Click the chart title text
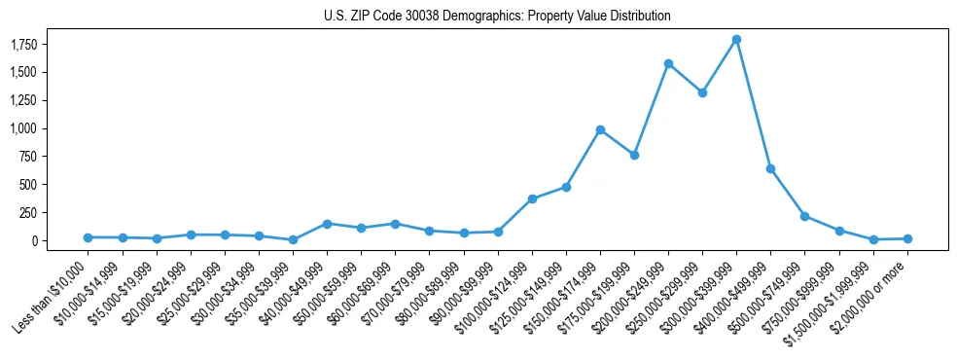click(497, 17)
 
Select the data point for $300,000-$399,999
click(736, 40)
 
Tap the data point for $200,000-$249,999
click(668, 63)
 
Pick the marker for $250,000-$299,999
click(702, 92)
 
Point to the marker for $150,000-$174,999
click(600, 129)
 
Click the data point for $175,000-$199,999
click(634, 155)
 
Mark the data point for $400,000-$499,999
click(770, 168)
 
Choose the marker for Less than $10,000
click(89, 237)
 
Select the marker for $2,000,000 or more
click(906, 238)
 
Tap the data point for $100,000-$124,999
click(532, 198)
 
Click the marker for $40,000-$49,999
click(327, 224)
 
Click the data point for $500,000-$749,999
click(804, 216)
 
